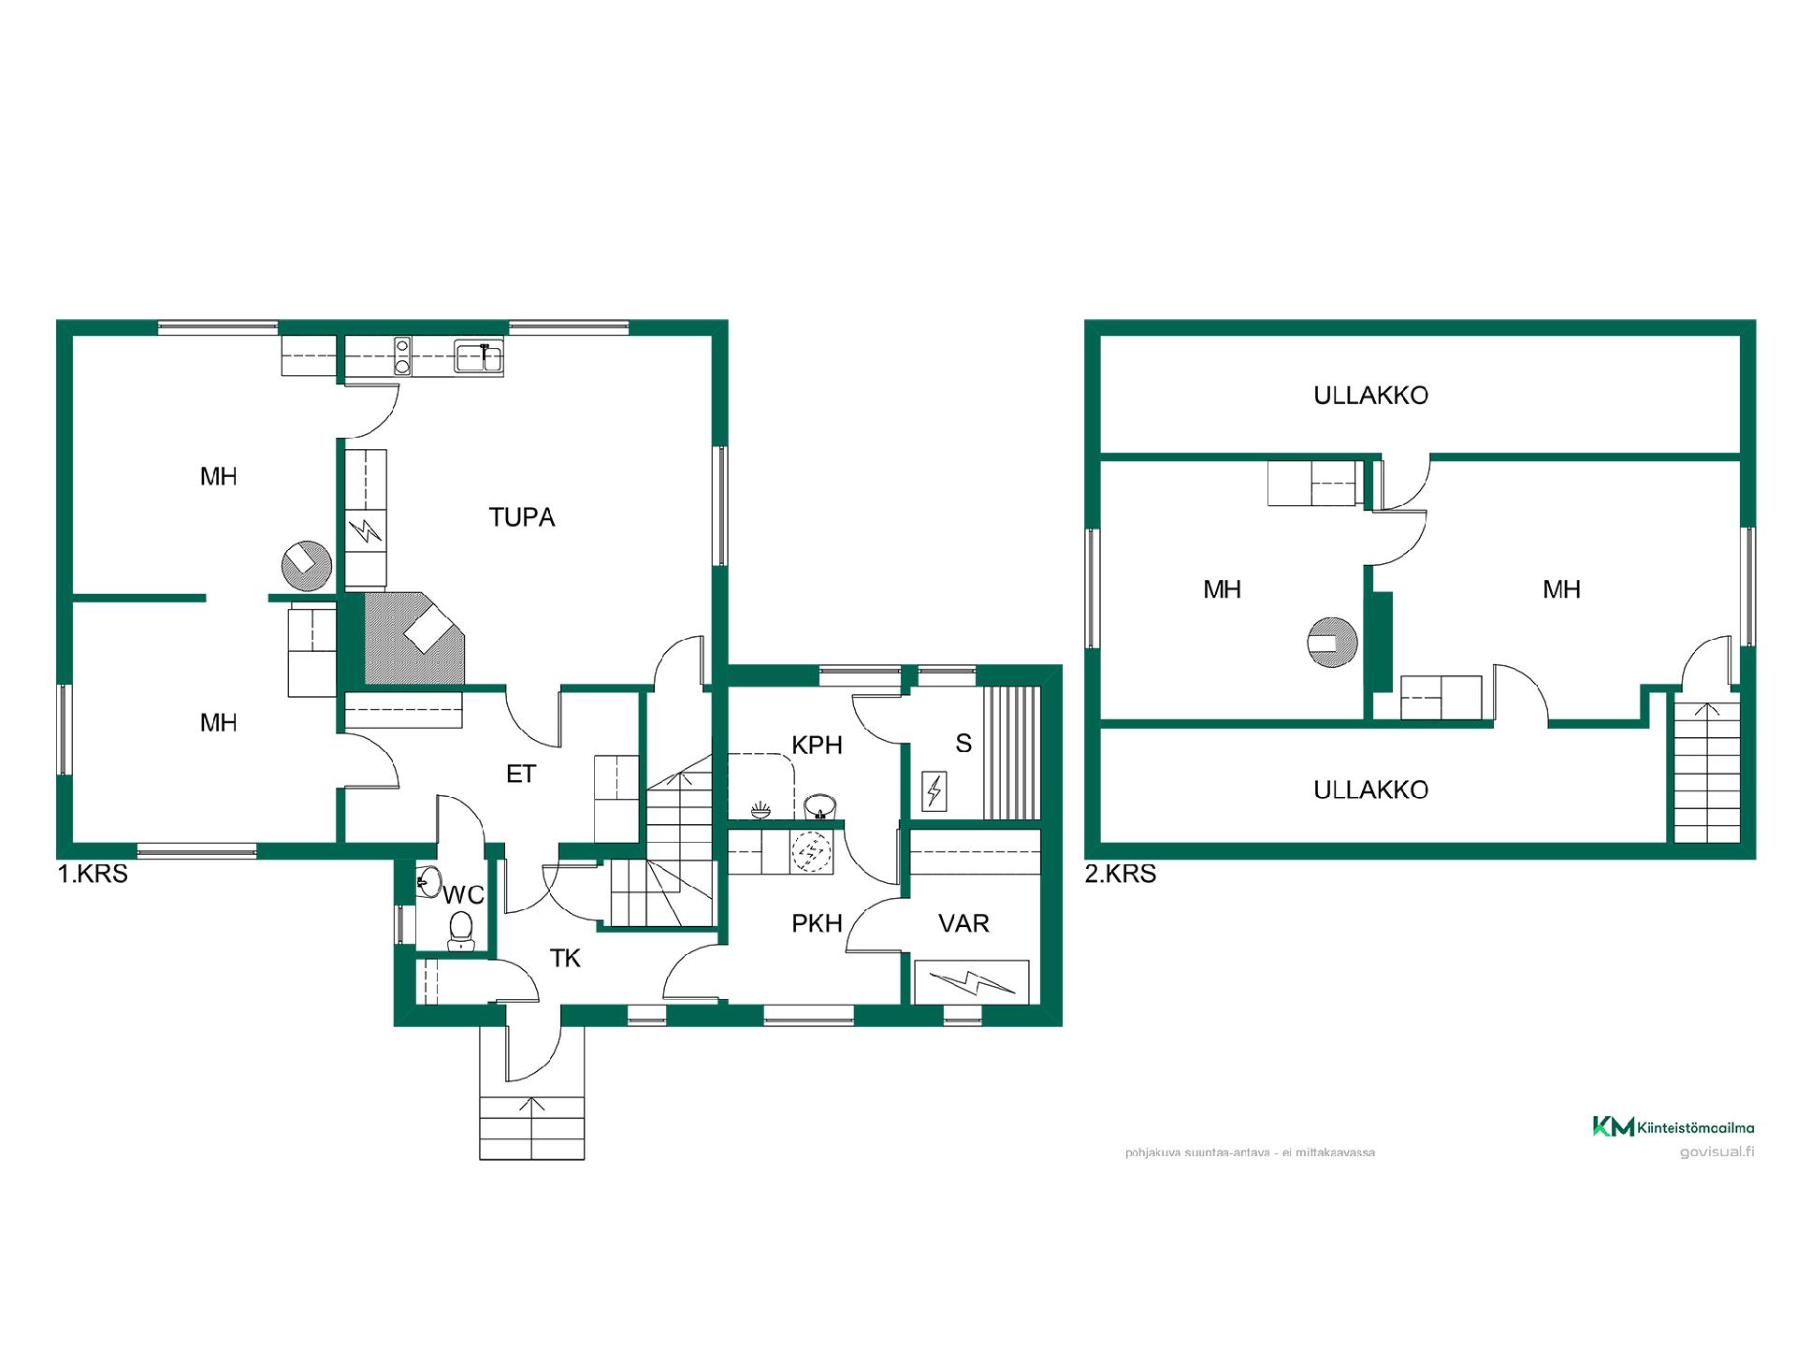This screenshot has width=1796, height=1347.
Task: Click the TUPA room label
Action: click(x=522, y=517)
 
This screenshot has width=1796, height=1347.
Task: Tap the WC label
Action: click(x=464, y=895)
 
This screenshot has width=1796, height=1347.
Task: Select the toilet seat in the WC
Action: click(x=461, y=931)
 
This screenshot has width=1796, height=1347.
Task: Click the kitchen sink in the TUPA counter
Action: click(x=479, y=357)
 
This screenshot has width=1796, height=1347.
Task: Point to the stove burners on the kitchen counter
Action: click(x=402, y=355)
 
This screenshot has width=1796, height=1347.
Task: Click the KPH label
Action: click(x=817, y=746)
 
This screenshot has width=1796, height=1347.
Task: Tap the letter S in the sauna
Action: click(x=963, y=744)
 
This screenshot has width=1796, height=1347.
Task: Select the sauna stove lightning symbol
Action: click(x=934, y=791)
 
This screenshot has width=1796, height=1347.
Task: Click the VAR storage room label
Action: click(x=963, y=923)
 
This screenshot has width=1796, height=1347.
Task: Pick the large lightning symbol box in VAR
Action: click(x=972, y=982)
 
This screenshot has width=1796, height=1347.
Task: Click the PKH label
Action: click(x=817, y=923)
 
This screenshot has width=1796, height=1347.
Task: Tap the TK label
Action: click(x=565, y=958)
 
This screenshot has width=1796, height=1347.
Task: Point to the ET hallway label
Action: click(x=521, y=774)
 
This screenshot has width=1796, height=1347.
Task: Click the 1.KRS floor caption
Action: click(x=93, y=874)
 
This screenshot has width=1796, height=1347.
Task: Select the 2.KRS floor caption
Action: click(x=1121, y=874)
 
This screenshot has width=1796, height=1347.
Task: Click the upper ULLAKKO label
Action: click(x=1370, y=396)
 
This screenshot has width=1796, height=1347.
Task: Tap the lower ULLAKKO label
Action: click(x=1370, y=790)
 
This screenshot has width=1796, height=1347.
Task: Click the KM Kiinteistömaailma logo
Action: click(x=1673, y=1127)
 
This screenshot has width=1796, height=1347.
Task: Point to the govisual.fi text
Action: click(x=1716, y=1152)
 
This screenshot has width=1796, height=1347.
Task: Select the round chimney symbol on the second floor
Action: click(x=1331, y=643)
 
